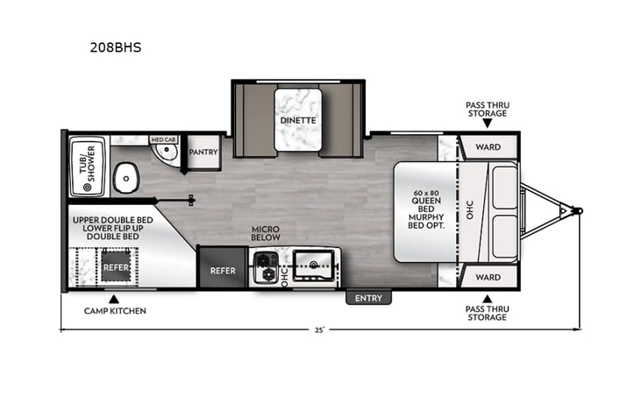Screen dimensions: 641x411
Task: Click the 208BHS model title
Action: [x=116, y=47]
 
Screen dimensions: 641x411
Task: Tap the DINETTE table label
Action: [x=298, y=121]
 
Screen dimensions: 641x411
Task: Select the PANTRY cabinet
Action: [x=203, y=152]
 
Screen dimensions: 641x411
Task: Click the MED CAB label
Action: [x=163, y=139]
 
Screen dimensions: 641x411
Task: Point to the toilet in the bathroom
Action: [x=126, y=178]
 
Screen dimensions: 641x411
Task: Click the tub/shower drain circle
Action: [x=87, y=188]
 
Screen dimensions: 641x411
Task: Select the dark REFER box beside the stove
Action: [x=223, y=268]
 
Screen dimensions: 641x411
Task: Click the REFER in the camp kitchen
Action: [x=116, y=267]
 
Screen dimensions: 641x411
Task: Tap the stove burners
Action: [x=266, y=267]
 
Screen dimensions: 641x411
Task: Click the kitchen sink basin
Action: [x=313, y=266]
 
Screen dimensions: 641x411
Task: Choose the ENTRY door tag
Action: [x=368, y=298]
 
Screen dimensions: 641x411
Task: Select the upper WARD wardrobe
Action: [x=488, y=147]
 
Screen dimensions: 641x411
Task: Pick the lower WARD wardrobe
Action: [x=488, y=277]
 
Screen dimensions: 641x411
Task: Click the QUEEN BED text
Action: [x=426, y=205]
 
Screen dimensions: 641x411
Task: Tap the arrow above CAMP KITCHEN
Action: [x=114, y=299]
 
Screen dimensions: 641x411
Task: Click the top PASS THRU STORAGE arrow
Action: [x=487, y=124]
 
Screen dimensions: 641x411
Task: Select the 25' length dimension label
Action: [x=320, y=330]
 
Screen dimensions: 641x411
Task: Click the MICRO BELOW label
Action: [x=266, y=233]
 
